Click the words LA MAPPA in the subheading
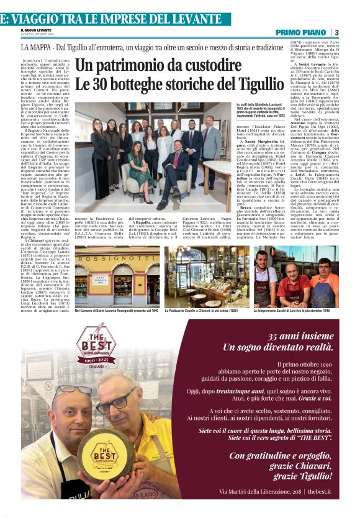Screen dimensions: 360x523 37,47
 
